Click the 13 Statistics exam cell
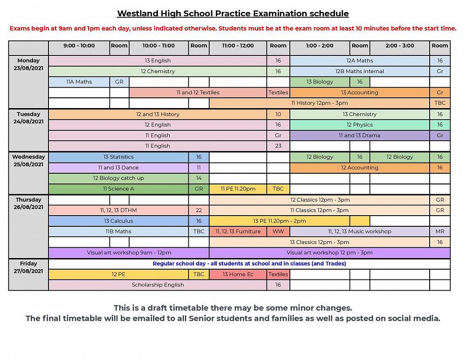[118, 157]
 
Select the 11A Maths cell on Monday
[79, 82]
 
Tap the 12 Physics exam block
[359, 125]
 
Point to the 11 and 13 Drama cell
[359, 136]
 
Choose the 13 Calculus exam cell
[118, 221]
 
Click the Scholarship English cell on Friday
[158, 285]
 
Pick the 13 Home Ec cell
[238, 274]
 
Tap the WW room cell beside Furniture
[278, 231]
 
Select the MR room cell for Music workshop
[439, 231]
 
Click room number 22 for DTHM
[199, 211]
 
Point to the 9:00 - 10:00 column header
[79, 46]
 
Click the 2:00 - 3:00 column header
[399, 46]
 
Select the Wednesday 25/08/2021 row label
[28, 161]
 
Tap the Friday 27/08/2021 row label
[28, 267]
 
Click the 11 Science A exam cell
[118, 189]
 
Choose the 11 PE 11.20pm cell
[238, 189]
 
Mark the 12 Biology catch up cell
[118, 178]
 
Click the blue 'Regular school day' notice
[249, 264]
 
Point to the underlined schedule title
[233, 14]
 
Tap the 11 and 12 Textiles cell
[198, 93]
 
